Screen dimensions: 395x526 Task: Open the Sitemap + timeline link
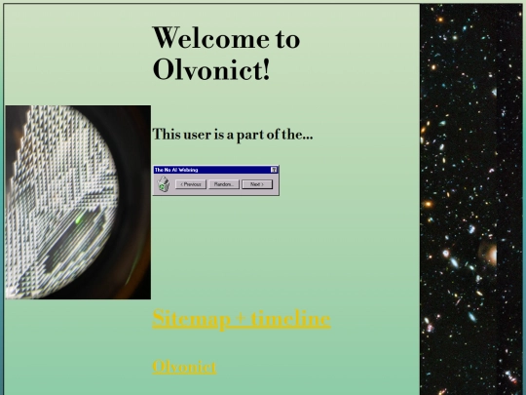[242, 319]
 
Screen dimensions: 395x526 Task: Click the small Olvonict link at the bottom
[184, 367]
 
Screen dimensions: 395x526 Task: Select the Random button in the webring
[223, 183]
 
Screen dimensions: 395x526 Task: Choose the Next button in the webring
[255, 183]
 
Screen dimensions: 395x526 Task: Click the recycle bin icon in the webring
[164, 183]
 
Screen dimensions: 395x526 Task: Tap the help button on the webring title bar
[275, 170]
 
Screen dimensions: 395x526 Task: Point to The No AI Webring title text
[176, 170]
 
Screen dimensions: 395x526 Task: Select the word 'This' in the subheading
[168, 134]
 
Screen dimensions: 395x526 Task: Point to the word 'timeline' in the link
[290, 319]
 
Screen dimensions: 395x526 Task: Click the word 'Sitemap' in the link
[190, 319]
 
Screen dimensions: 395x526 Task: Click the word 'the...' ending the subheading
[300, 134]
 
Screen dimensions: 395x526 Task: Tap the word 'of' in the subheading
[277, 134]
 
